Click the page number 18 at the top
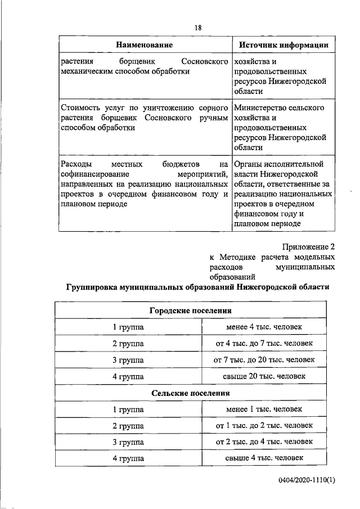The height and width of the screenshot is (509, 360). coord(198,28)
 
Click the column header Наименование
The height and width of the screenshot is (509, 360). coord(145,44)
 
